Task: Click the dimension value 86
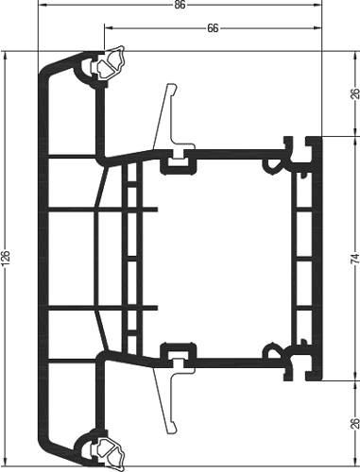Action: [x=180, y=6]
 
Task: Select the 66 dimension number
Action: [x=213, y=28]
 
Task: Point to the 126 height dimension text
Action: [x=6, y=258]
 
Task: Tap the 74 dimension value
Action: [x=355, y=258]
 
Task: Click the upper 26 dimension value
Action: [x=355, y=93]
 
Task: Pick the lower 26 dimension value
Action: [x=355, y=423]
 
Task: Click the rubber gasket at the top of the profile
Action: [x=110, y=63]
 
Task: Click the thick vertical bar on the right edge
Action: [x=317, y=258]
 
